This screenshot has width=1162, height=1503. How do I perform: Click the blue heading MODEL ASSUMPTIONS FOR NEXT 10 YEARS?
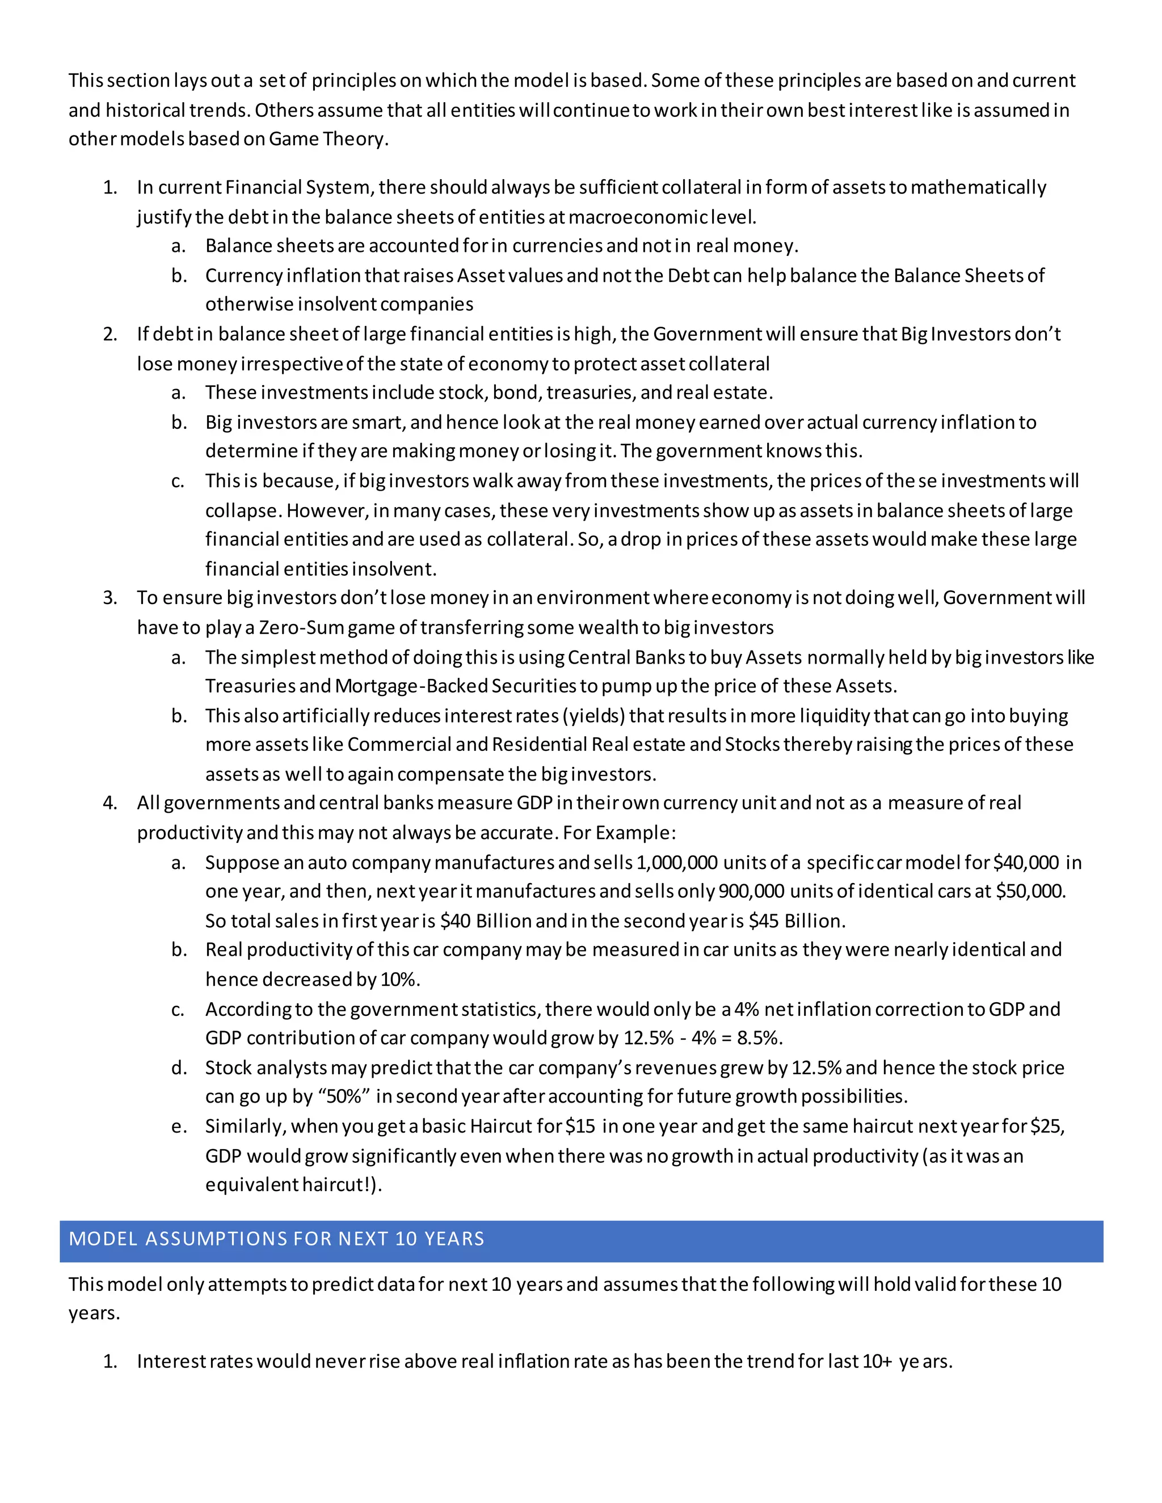[277, 1239]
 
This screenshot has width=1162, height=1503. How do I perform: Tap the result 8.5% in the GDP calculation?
[758, 1038]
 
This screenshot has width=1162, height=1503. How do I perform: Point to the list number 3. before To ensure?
[110, 598]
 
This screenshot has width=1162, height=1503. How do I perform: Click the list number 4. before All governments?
[110, 803]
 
